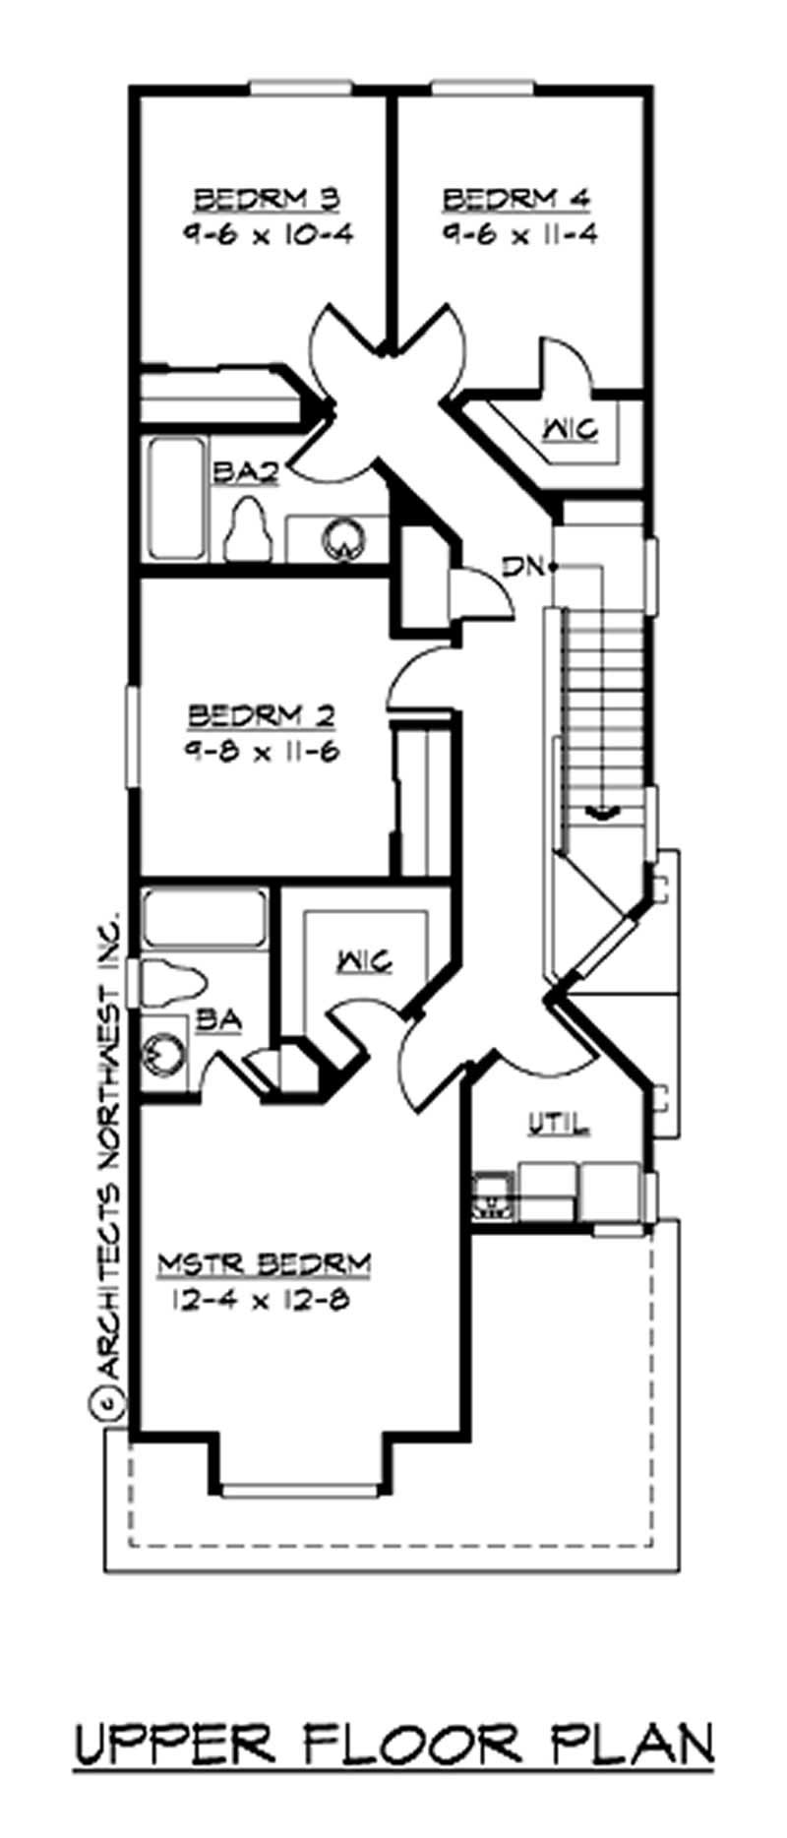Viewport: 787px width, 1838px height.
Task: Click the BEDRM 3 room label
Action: pyautogui.click(x=267, y=200)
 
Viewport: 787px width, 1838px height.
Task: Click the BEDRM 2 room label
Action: pyautogui.click(x=263, y=712)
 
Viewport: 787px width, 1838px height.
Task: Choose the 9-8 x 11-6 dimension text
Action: pyautogui.click(x=263, y=749)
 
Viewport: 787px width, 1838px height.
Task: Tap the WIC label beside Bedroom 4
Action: pyautogui.click(x=572, y=429)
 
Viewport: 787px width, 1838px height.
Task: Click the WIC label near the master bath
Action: pyautogui.click(x=365, y=959)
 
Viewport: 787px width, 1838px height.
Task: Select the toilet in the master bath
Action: pyautogui.click(x=172, y=980)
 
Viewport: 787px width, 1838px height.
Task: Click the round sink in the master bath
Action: pyautogui.click(x=163, y=1055)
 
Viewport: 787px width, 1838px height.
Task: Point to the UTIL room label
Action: pyautogui.click(x=559, y=1122)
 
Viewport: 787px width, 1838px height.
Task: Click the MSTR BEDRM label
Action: pyautogui.click(x=265, y=1262)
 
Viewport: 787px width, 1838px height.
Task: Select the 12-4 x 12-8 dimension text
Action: pyautogui.click(x=262, y=1300)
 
